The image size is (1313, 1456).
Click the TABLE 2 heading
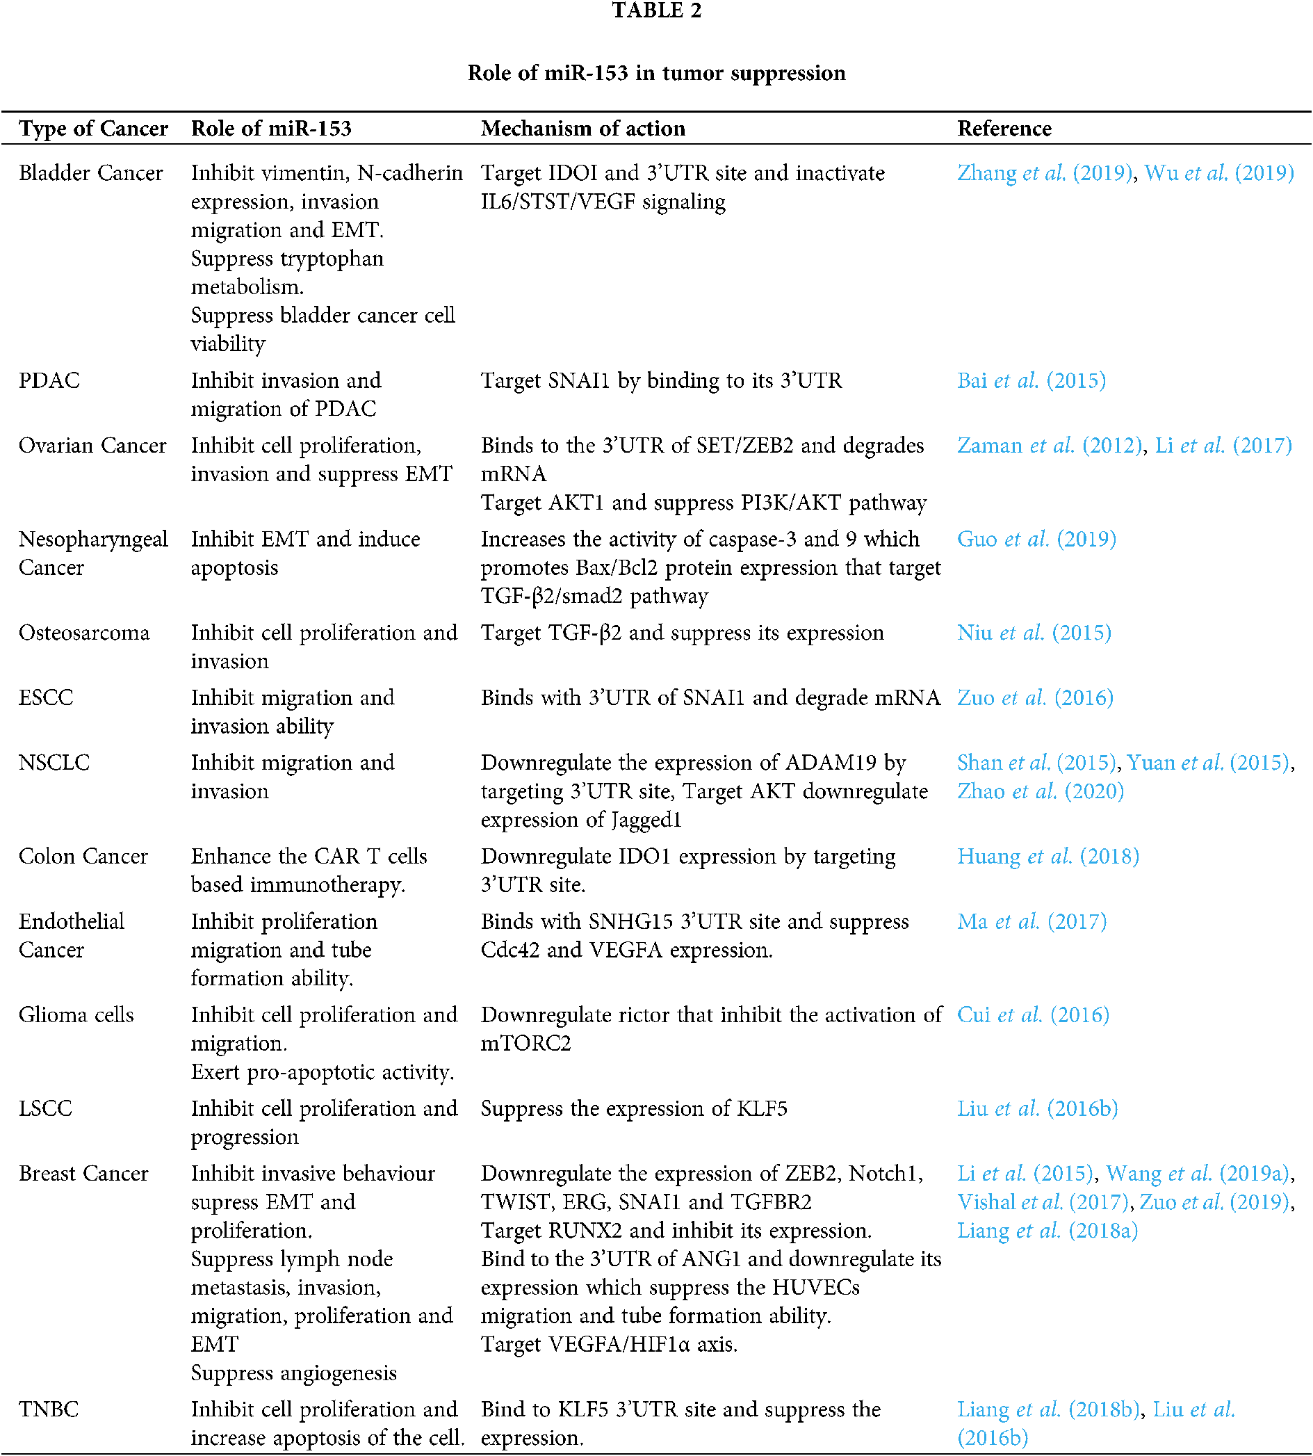tap(655, 11)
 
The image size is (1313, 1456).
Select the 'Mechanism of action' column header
tap(583, 129)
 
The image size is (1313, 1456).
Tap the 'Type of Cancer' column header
tap(93, 129)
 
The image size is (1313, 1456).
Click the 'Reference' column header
tap(1004, 129)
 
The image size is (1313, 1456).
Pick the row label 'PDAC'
tap(49, 380)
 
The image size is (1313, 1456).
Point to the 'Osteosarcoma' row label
tap(83, 633)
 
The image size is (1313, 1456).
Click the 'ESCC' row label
tap(46, 697)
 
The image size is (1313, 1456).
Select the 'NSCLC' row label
tap(54, 763)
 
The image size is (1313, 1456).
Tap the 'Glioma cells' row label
tap(76, 1015)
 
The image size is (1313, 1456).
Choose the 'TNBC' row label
tap(49, 1409)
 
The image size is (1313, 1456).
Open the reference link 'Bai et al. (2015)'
tap(1031, 380)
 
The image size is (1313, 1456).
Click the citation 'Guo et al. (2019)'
tap(1036, 539)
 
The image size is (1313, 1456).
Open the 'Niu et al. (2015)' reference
tap(1034, 633)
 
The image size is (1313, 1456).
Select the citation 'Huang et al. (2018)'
tap(1047, 857)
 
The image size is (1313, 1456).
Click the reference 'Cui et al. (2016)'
tap(1032, 1015)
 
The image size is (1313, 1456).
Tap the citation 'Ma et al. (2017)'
tap(1031, 921)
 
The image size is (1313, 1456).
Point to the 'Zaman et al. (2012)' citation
tap(1050, 445)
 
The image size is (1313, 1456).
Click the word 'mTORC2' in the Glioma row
tap(526, 1043)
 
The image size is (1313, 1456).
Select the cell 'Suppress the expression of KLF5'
tap(633, 1108)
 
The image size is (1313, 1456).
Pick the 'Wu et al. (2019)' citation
tap(1219, 172)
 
